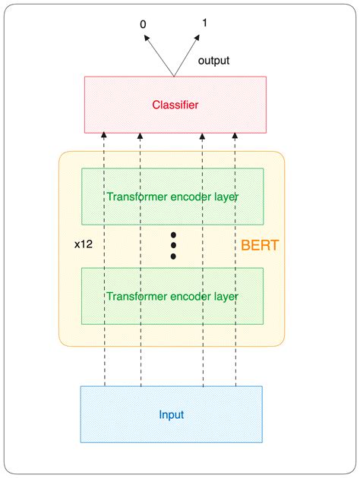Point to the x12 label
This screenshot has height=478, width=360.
pos(84,245)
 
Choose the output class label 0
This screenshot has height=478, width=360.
pos(143,25)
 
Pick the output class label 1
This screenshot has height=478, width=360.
pos(204,23)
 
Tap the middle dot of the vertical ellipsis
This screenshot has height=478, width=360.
pos(173,245)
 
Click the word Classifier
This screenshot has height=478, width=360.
pos(175,105)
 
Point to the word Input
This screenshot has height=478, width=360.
pos(172,415)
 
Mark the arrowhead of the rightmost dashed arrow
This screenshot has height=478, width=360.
pos(235,136)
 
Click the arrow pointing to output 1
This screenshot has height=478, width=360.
pos(191,53)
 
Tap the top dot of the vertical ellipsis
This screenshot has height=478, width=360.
pos(173,234)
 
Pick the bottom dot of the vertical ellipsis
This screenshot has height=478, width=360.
pos(173,256)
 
